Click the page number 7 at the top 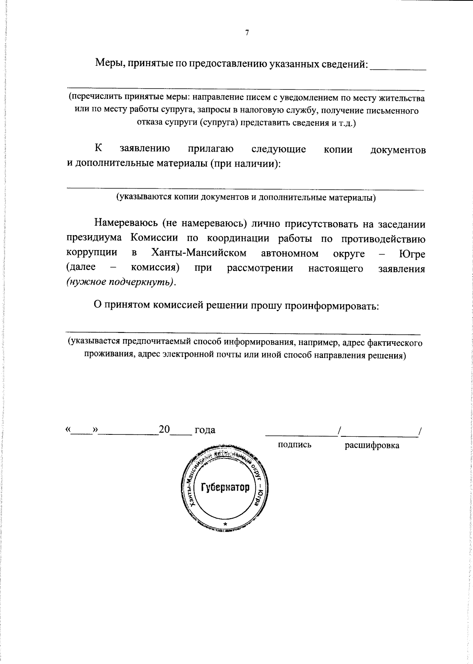click(247, 33)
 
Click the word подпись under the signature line click(294, 445)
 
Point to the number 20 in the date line click(164, 429)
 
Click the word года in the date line click(205, 430)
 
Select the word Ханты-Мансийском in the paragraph click(199, 253)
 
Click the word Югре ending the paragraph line click(412, 254)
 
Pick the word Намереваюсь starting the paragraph click(126, 224)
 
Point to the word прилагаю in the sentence click(210, 149)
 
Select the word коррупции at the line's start click(92, 253)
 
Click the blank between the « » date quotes click(82, 432)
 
